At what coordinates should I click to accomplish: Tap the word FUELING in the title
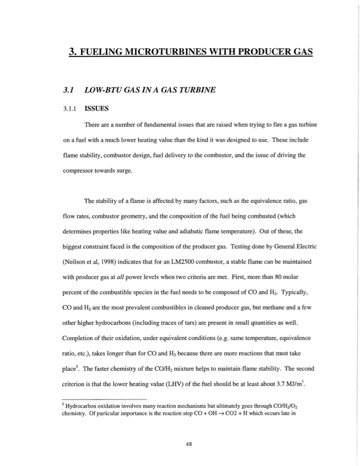tap(104, 52)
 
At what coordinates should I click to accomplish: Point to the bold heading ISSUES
tap(97, 109)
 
